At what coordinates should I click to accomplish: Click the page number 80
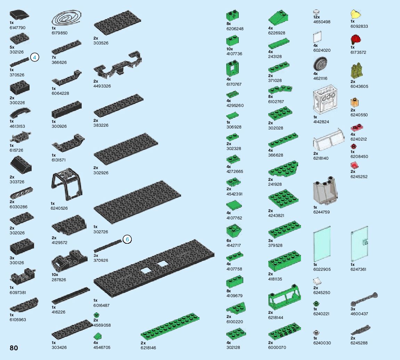(14, 348)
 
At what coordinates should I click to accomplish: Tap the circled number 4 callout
(34, 57)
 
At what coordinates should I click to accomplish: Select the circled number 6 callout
(128, 240)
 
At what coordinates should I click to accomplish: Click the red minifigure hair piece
(355, 39)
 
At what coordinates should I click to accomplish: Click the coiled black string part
(67, 18)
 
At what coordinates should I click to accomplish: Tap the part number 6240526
(59, 208)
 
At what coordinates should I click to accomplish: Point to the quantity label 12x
(316, 17)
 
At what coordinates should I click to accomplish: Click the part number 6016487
(101, 305)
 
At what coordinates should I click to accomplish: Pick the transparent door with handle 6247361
(360, 244)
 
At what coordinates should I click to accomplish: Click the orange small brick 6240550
(354, 103)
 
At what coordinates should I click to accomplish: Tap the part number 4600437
(359, 314)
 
